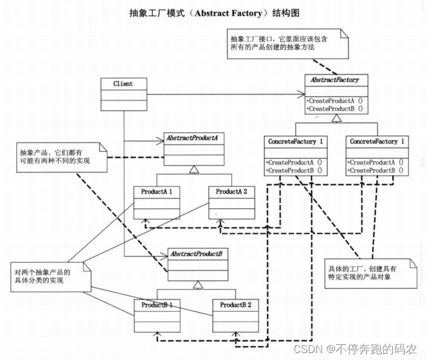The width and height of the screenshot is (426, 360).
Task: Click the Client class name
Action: pos(123,83)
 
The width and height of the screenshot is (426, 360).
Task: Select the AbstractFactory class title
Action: pos(334,79)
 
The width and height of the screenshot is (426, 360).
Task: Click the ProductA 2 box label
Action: pos(232,192)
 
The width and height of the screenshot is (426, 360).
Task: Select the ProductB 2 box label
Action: pos(235,305)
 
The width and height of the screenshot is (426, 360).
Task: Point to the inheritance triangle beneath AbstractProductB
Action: pos(198,285)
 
